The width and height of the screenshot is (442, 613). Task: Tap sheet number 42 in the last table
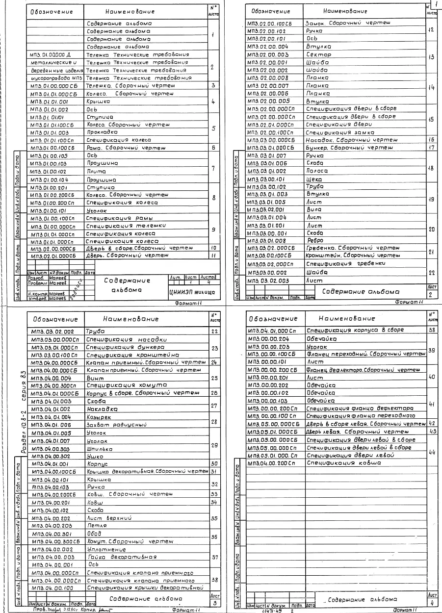[x=432, y=423]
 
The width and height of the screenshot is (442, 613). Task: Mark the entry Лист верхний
[x=107, y=518]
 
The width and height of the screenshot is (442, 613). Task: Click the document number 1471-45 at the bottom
[x=269, y=611]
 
